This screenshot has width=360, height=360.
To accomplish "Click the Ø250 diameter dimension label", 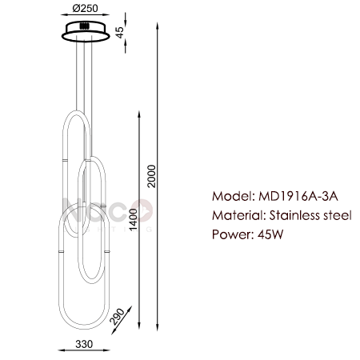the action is tap(85, 8).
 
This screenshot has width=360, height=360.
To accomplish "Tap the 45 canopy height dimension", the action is tap(120, 32).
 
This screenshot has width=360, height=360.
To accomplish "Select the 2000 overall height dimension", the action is tap(152, 176).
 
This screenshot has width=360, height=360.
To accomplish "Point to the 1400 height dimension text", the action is tap(133, 219).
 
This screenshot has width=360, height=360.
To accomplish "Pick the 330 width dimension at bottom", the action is tap(84, 344).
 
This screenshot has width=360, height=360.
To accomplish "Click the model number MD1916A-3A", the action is tap(298, 197).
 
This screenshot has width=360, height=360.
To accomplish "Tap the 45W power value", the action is tap(270, 234).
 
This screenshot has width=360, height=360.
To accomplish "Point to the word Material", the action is tap(239, 215).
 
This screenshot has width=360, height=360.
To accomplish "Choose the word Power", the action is tap(233, 234).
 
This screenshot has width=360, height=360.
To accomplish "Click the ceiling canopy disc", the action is tap(86, 33).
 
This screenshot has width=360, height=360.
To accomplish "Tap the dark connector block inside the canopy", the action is tap(85, 26).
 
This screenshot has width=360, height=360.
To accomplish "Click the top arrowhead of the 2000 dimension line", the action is tap(158, 26).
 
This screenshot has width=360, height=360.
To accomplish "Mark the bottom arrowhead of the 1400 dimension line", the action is tap(138, 326).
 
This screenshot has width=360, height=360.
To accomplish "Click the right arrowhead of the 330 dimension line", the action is tap(106, 350).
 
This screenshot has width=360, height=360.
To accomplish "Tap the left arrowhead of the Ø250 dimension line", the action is tap(65, 15).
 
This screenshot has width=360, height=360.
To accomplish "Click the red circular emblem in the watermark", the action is tap(143, 210).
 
